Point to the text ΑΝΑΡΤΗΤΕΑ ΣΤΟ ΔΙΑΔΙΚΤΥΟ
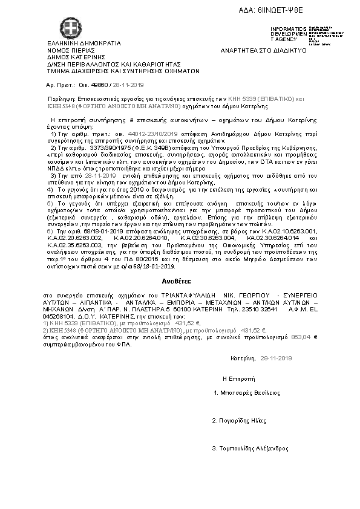coord(264,50)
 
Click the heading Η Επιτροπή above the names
coord(235,377)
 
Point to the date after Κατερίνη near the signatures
coord(275,358)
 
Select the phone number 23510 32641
coord(260,308)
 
